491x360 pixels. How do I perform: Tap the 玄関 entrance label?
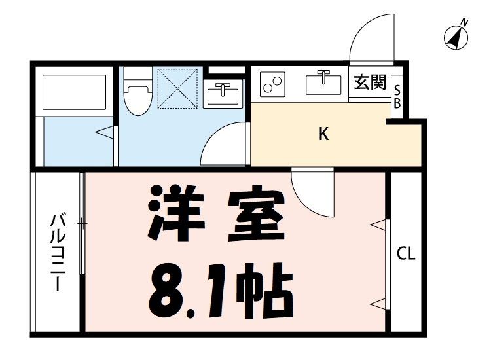[370, 83]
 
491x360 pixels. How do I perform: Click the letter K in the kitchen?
[323, 134]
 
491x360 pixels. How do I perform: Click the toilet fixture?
[137, 92]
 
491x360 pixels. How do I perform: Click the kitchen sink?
[323, 83]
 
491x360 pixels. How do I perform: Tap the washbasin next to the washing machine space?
[224, 94]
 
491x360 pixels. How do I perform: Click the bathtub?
[73, 92]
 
